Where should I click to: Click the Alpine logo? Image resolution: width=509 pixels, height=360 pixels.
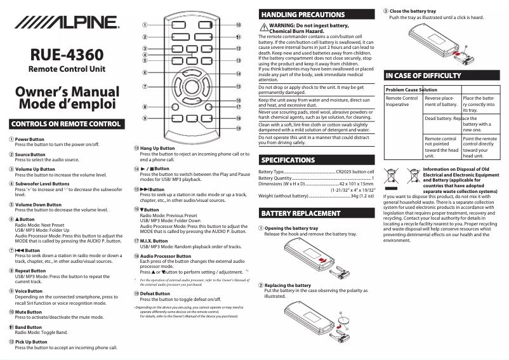click(x=63, y=23)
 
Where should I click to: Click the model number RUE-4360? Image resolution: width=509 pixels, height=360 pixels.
click(x=64, y=55)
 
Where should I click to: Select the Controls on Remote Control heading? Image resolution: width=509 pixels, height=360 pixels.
click(x=64, y=123)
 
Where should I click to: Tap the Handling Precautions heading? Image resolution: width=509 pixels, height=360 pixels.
click(x=303, y=14)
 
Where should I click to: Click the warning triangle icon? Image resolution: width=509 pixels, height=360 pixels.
click(x=263, y=27)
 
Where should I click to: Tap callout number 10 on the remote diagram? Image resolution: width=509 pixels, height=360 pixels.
click(x=238, y=25)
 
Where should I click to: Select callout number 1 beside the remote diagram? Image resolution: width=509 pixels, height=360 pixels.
click(x=145, y=25)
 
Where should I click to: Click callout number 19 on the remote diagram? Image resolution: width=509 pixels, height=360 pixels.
click(x=238, y=128)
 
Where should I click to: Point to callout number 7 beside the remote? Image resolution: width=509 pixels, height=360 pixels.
click(x=145, y=86)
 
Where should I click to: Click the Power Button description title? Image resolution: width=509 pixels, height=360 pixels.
click(x=30, y=139)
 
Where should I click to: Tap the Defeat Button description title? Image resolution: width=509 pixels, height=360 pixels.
click(x=155, y=294)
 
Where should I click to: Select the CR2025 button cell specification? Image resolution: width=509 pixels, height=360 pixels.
click(x=355, y=172)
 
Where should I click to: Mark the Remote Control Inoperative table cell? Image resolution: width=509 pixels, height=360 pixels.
click(x=402, y=102)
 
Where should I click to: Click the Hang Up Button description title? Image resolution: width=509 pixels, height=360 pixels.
click(x=157, y=149)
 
